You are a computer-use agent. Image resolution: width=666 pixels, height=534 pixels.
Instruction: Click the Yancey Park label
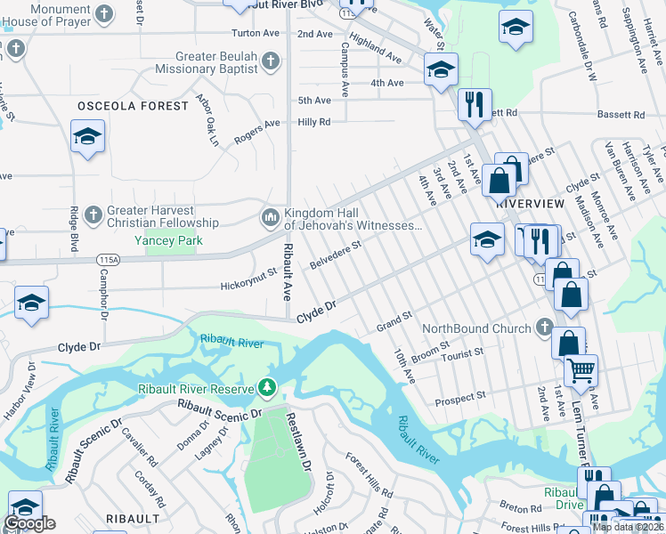[x=168, y=240]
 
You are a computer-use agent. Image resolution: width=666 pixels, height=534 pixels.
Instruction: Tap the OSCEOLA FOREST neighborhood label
[x=134, y=106]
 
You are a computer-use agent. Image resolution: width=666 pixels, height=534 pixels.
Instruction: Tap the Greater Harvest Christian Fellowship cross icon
[x=93, y=214]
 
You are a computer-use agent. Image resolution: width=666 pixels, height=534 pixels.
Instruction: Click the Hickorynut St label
[x=249, y=284]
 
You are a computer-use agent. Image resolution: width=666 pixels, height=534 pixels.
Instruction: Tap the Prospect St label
[x=460, y=399]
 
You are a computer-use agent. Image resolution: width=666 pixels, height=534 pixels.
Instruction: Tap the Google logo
[x=30, y=523]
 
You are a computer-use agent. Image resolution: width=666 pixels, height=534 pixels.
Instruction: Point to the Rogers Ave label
[x=257, y=133]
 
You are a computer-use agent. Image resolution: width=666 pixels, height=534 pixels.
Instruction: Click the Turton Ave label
[x=255, y=33]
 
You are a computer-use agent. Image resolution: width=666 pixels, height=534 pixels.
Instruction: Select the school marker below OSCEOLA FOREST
[x=87, y=137]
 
